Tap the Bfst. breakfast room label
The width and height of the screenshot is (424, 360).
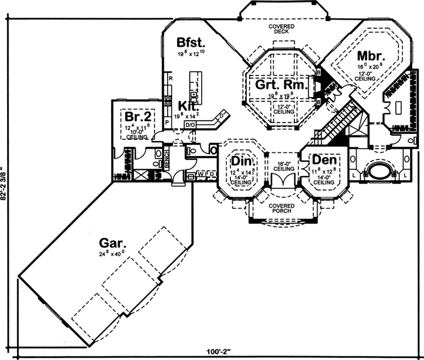click(x=189, y=43)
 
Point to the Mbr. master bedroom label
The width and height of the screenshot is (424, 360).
click(x=370, y=57)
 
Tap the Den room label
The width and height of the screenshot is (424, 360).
click(x=323, y=160)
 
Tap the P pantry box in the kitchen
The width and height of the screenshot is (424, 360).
click(x=167, y=122)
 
